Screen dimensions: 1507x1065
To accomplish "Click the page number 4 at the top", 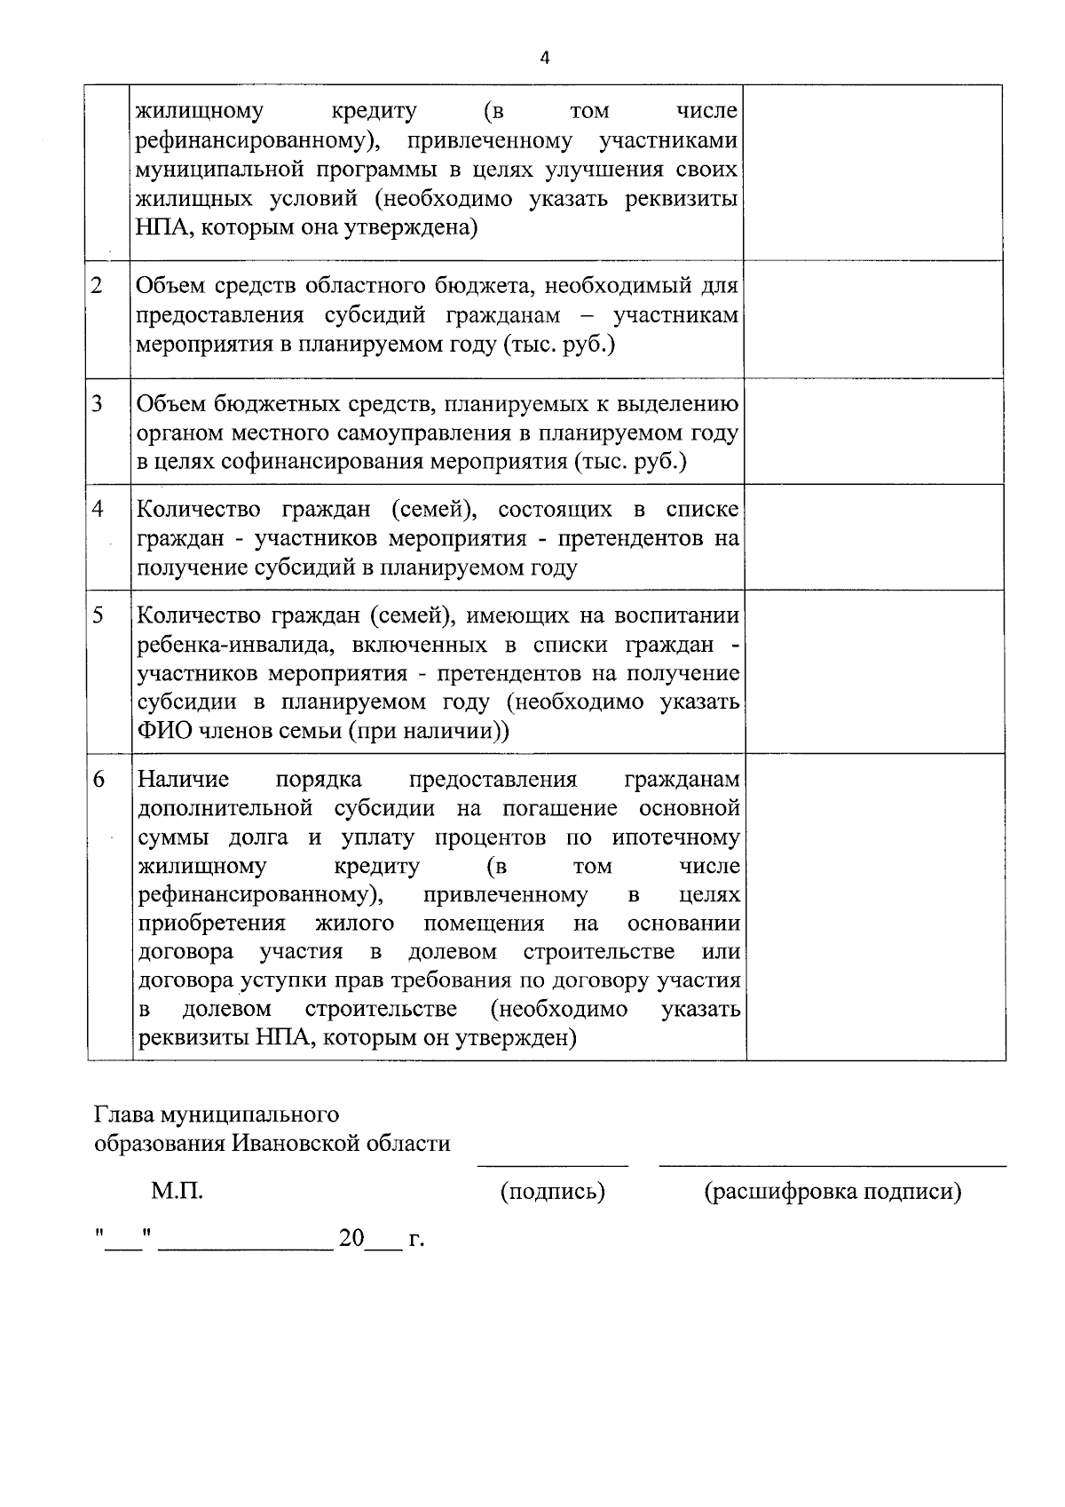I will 544,58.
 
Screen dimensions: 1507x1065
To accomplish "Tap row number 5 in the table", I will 97,615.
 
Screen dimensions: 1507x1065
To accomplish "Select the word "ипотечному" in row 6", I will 675,837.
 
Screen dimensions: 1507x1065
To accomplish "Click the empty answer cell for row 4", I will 873,536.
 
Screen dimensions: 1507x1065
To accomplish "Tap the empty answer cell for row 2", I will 873,319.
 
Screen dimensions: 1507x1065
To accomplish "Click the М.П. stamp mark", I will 177,1191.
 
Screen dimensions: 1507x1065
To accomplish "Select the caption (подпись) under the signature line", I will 553,1191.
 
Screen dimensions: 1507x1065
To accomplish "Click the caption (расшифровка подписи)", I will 832,1191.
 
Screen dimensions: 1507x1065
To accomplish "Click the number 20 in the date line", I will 351,1238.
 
